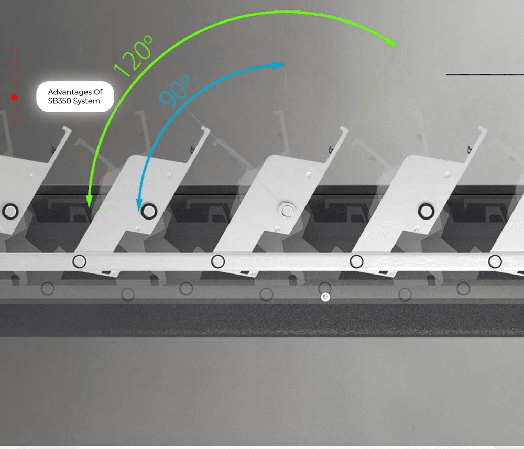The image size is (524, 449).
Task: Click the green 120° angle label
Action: pyautogui.click(x=134, y=56)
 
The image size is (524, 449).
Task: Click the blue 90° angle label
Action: pyautogui.click(x=174, y=92)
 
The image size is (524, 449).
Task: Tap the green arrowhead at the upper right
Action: pyautogui.click(x=390, y=42)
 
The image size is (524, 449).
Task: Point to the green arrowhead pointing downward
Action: pyautogui.click(x=89, y=201)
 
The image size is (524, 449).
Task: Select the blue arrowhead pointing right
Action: pyautogui.click(x=278, y=65)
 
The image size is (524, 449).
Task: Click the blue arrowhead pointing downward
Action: pyautogui.click(x=139, y=204)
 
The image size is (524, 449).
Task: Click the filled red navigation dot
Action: pyautogui.click(x=14, y=97)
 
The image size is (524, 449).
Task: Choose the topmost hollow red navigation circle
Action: pyautogui.click(x=14, y=50)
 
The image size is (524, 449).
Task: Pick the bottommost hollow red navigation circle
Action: pyautogui.click(x=14, y=121)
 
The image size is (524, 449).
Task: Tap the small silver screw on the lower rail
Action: pyautogui.click(x=325, y=297)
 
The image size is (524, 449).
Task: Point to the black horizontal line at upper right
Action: pyautogui.click(x=485, y=74)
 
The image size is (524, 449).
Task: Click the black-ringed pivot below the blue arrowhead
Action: pyautogui.click(x=149, y=211)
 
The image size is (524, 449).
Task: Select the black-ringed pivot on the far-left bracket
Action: pyautogui.click(x=10, y=212)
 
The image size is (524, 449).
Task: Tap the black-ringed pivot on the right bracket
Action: pyautogui.click(x=426, y=211)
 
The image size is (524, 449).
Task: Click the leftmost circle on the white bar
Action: pyautogui.click(x=79, y=261)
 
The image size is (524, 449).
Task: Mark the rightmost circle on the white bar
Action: pyautogui.click(x=495, y=261)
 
